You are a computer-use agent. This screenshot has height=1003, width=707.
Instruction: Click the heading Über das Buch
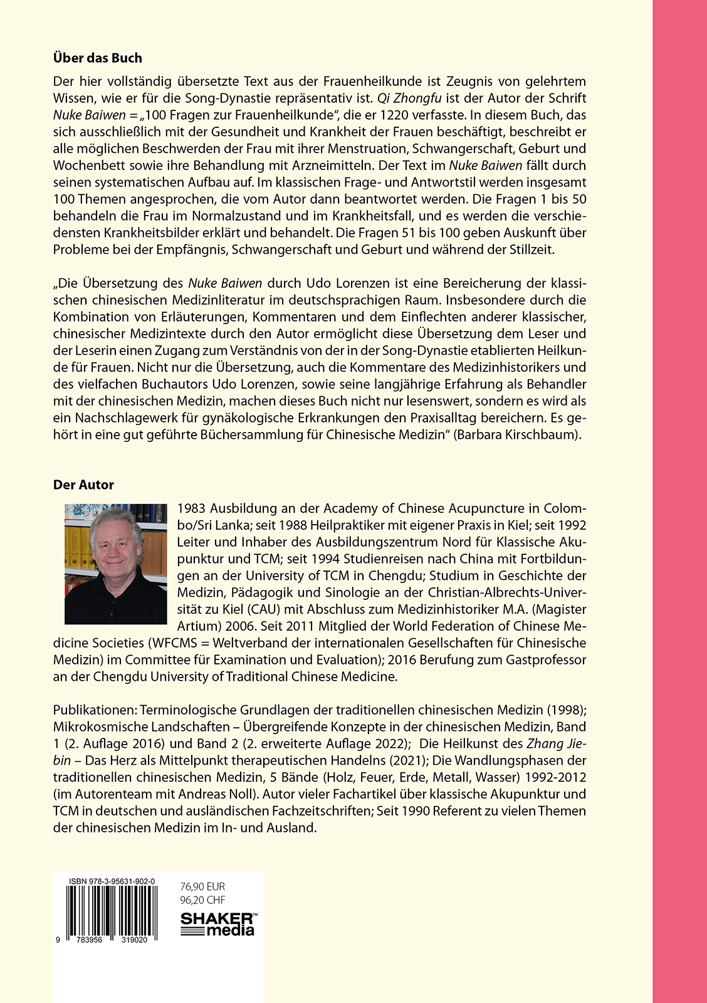(x=97, y=58)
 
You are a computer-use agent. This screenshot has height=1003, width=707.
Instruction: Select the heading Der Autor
(x=83, y=485)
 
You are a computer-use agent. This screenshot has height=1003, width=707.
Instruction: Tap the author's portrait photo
(x=116, y=564)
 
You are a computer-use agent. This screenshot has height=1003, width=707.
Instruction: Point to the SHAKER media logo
(x=218, y=924)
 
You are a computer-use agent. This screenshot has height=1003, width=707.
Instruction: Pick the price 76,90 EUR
(x=202, y=887)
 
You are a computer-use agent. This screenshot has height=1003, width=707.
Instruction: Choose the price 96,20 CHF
(x=202, y=900)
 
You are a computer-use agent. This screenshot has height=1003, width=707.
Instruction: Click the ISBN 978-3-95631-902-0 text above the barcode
(x=112, y=881)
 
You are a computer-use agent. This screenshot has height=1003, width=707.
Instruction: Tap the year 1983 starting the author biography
(x=191, y=508)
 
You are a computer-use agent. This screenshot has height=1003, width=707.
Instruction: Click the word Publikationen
(x=93, y=710)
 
